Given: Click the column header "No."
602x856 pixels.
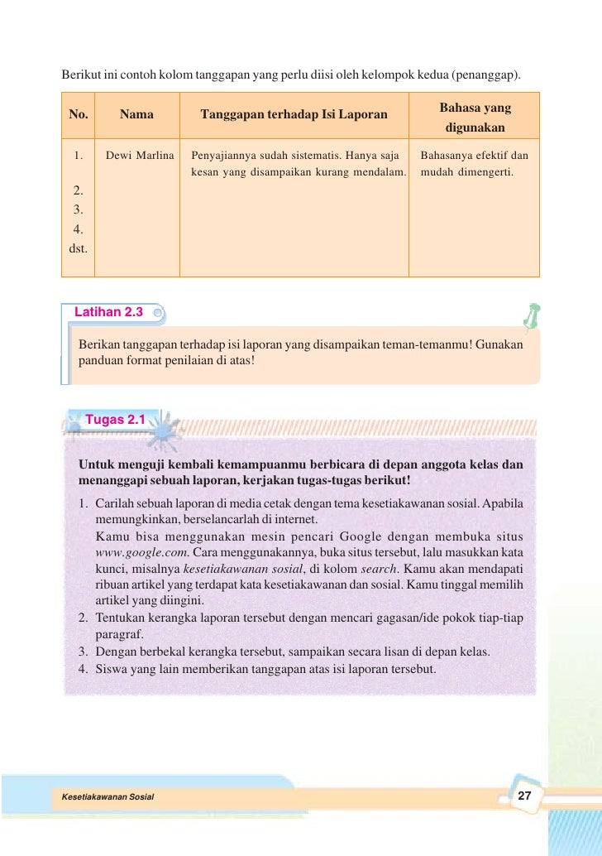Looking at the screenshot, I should (78, 114).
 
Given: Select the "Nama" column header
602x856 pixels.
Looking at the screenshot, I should (136, 114).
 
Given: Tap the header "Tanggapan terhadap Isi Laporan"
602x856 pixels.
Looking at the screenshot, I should (294, 114).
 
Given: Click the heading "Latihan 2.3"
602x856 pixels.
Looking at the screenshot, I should (108, 312).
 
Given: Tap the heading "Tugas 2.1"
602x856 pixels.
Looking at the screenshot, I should (116, 420).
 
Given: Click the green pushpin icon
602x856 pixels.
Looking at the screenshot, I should (530, 315).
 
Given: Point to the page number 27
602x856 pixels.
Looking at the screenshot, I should (523, 796).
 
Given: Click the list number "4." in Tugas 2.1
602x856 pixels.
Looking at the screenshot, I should (84, 669).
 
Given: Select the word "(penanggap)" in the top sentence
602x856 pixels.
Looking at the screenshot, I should (486, 75).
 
